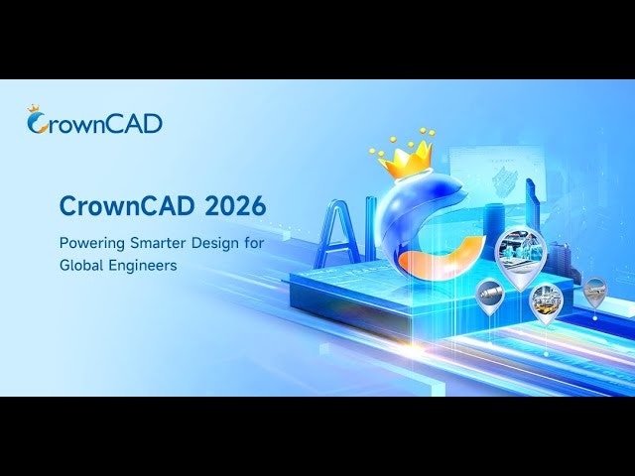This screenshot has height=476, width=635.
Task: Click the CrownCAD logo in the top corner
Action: coord(94,122)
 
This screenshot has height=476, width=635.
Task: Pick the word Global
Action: coord(82,266)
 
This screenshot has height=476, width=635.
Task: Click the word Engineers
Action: coord(149,266)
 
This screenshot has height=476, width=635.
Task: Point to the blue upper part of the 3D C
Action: coord(397,213)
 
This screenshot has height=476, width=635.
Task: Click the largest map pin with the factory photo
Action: coord(520,253)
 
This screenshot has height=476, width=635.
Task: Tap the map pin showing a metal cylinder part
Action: coord(490,293)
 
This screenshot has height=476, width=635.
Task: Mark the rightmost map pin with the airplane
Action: coord(594,291)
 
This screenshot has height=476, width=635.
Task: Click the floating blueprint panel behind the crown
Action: coord(496,178)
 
